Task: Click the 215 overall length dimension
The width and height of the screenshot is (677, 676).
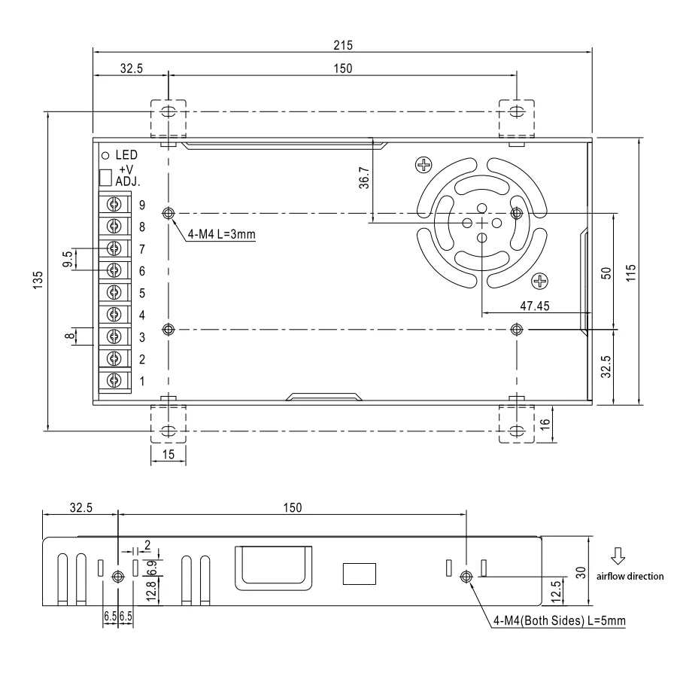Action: (x=343, y=45)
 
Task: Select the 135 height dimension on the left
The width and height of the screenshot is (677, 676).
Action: (x=38, y=280)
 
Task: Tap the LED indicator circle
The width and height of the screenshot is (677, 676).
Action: (x=105, y=156)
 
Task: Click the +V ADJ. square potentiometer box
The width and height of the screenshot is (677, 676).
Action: (x=105, y=178)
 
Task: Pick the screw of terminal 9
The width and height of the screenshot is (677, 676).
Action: (x=114, y=204)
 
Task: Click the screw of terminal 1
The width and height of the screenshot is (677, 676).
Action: (x=114, y=381)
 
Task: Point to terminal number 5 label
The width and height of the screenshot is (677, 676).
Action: (x=142, y=294)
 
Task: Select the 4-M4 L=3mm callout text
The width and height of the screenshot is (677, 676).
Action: (x=221, y=235)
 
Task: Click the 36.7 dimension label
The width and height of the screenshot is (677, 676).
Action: (x=364, y=178)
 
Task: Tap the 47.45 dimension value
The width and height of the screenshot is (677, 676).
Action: (x=535, y=306)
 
